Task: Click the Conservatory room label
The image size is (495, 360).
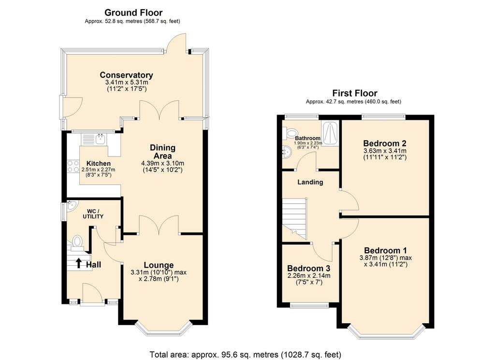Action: [x=126, y=75]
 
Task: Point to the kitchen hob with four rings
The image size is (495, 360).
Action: [x=73, y=166]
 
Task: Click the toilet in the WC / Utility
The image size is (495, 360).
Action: [x=77, y=242]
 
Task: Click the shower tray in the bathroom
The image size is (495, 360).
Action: [x=330, y=133]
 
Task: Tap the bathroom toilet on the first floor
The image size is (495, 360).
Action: [x=290, y=133]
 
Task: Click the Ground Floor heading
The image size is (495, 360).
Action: [x=133, y=13]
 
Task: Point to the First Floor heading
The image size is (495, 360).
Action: [x=354, y=93]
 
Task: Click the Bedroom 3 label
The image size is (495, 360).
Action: [x=308, y=269]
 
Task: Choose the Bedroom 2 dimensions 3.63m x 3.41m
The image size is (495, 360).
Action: [x=385, y=151]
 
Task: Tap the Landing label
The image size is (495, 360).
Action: [x=310, y=182]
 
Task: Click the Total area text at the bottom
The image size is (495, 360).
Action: [x=245, y=354]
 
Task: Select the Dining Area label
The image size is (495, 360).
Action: [x=162, y=152]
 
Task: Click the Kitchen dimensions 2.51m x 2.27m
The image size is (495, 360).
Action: [x=98, y=170]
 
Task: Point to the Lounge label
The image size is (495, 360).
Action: [x=159, y=265]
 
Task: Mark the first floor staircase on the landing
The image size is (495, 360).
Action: [x=294, y=218]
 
